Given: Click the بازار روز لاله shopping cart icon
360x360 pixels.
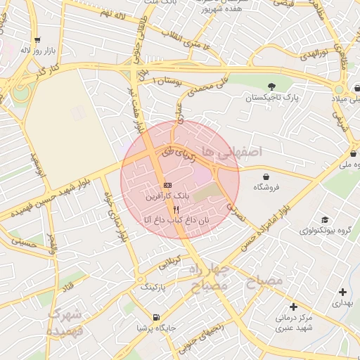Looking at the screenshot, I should [37, 40].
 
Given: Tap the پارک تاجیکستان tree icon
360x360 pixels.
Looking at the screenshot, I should [271, 86].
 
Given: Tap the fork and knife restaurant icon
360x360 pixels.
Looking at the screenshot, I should [176, 210].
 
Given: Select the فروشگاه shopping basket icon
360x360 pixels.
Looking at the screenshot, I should [266, 176].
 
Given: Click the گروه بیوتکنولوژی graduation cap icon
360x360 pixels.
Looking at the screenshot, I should [324, 219].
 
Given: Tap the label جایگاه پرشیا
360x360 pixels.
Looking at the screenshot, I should [156, 328].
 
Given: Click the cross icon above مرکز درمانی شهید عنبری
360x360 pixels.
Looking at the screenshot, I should [293, 307].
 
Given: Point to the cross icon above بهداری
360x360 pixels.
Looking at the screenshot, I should [342, 292].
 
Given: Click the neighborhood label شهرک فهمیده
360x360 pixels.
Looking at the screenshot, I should [65, 322].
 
